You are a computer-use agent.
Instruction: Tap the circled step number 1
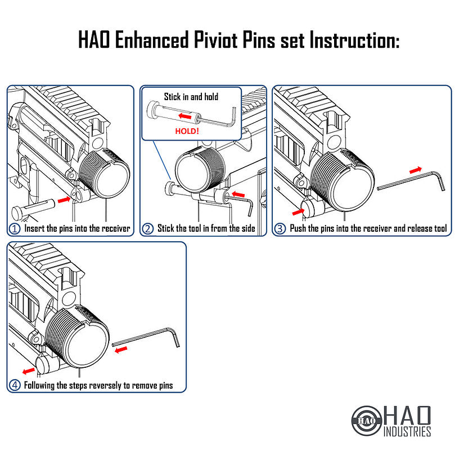15,229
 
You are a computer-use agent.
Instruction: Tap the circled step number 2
148,229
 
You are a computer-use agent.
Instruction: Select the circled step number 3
280,229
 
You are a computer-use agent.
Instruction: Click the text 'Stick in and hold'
191,97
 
